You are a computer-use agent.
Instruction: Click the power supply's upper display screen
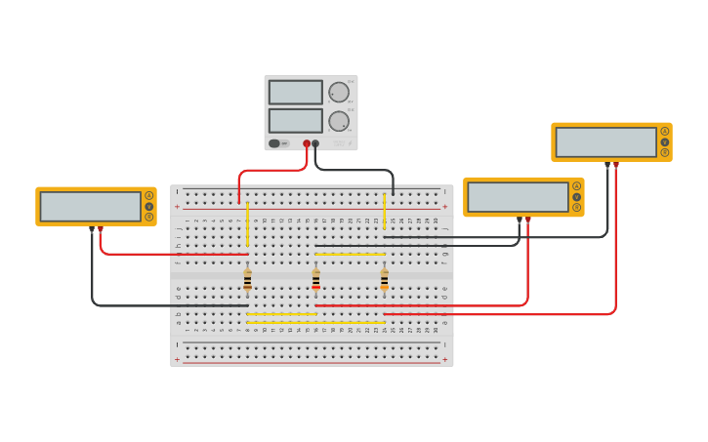coord(295,92)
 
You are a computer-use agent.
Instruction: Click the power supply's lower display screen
coord(295,120)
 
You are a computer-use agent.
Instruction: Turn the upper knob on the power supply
coord(339,93)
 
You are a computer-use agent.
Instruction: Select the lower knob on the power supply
coord(339,121)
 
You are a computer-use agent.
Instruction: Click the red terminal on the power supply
coord(307,143)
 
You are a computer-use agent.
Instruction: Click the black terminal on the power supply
coord(315,143)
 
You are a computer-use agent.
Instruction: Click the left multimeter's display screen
coord(90,206)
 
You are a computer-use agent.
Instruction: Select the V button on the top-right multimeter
coord(665,141)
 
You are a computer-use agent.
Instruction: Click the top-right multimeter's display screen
coord(605,141)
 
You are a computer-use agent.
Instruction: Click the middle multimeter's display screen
coord(518,196)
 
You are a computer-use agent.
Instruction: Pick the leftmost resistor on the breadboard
coord(247,280)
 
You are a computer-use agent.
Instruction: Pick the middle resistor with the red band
coord(315,280)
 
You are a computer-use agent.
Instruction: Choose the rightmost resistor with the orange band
coord(384,280)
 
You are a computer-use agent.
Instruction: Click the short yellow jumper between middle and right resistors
coord(350,254)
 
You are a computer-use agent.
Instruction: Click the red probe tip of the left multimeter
coord(100,230)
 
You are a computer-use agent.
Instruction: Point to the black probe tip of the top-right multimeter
coord(607,166)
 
